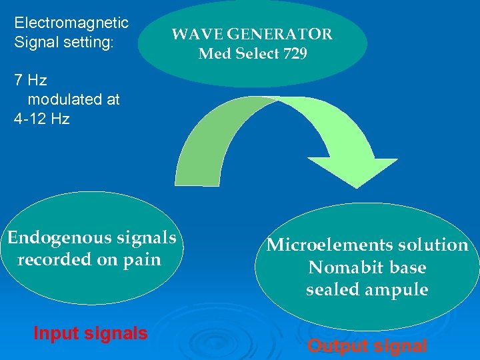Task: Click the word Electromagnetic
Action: point(71,23)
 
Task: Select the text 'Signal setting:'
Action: point(64,42)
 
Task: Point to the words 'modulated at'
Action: point(73,100)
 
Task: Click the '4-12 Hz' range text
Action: point(41,119)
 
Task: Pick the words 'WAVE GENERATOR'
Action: point(252,35)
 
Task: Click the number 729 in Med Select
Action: point(295,54)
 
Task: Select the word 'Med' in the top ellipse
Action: point(213,54)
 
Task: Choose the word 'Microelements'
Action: point(323,245)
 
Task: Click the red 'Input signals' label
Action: point(90,333)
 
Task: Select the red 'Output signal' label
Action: point(367,346)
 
